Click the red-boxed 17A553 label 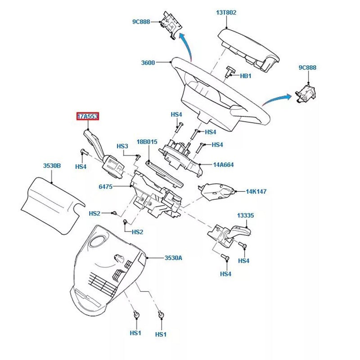87,117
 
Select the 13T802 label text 226,13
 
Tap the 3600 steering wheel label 148,63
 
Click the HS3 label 122,146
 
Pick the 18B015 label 147,142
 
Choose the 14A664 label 223,165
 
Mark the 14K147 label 256,191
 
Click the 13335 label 245,216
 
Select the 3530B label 52,166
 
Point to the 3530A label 174,258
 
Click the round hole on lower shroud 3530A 96,243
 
